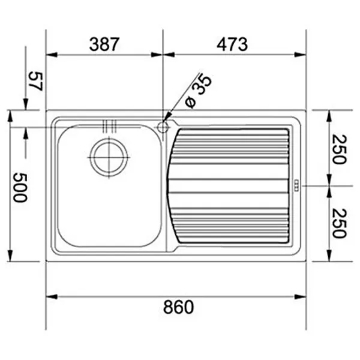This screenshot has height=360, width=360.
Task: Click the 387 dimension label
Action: pos(104,44)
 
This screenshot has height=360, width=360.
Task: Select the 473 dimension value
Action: pos(232,44)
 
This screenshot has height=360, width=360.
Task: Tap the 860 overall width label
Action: pos(178,307)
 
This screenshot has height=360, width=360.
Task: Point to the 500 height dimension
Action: pos(20,187)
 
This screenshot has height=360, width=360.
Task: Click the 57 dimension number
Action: pos(35,82)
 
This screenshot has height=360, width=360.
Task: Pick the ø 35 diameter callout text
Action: pos(198,91)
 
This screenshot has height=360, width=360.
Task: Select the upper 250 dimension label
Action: pos(339,149)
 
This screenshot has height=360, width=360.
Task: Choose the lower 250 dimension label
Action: pos(339,223)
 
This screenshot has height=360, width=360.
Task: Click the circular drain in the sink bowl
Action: pos(109,157)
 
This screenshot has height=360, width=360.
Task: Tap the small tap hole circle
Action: pos(163,127)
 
